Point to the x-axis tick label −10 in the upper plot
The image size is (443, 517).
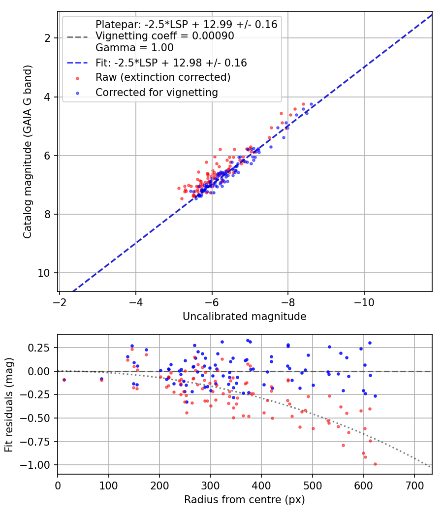364,302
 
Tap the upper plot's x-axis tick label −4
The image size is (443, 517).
135,302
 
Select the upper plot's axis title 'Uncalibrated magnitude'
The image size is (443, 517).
245,317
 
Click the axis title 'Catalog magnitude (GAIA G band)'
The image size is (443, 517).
28,152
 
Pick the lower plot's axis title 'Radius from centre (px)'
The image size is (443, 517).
245,500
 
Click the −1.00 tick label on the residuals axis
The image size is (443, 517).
35,465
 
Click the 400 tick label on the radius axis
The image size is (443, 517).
261,485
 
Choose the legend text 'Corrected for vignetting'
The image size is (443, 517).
157,93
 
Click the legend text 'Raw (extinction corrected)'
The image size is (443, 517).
163,77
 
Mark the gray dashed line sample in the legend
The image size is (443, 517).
77,37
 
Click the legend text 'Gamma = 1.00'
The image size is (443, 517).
134,48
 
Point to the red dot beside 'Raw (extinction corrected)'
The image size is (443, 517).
77,78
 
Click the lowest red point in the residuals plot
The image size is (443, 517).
375,464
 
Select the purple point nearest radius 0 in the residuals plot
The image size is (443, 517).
64,380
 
